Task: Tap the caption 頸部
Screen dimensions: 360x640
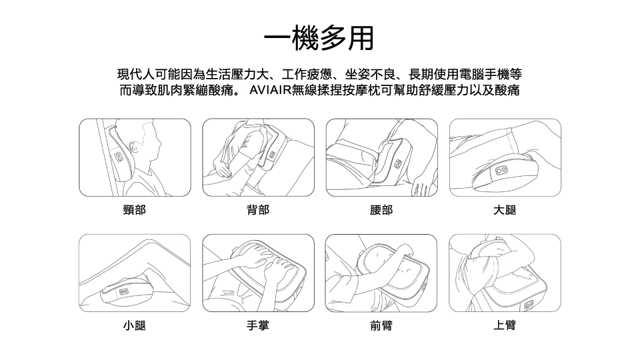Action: coord(134,210)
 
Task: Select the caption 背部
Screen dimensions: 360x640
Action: coord(258,210)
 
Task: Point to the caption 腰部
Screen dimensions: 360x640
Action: coord(381,210)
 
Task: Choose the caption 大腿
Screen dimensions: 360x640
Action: coord(505,210)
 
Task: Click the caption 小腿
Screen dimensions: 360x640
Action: coord(134,325)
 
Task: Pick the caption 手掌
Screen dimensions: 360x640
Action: coord(258,325)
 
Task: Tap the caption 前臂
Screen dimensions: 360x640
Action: coord(381,325)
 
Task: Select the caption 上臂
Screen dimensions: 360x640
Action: coord(505,325)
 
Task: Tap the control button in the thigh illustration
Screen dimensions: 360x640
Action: coord(501,171)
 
